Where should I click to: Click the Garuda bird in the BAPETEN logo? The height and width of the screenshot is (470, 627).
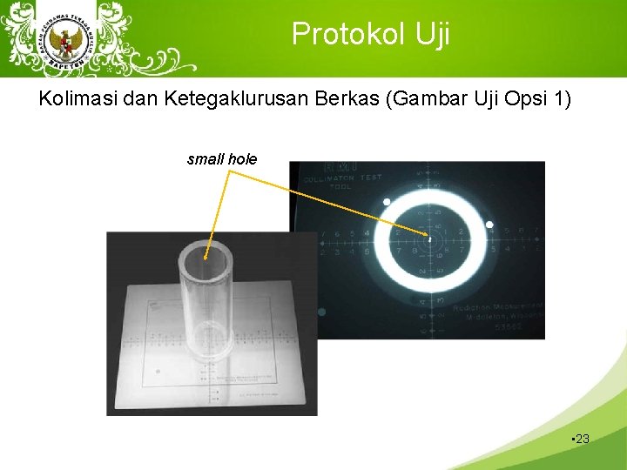point(64,39)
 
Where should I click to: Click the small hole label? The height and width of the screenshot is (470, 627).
point(222,158)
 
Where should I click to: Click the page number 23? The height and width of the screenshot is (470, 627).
point(582,439)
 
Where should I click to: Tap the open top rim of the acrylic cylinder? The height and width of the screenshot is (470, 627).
point(207,247)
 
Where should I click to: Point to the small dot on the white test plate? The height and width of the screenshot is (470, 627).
point(158,372)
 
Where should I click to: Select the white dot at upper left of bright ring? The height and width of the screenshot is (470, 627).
point(387,202)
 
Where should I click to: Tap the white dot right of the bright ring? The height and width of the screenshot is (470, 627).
point(489,225)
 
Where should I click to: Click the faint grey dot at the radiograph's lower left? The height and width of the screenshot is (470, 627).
point(321,311)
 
